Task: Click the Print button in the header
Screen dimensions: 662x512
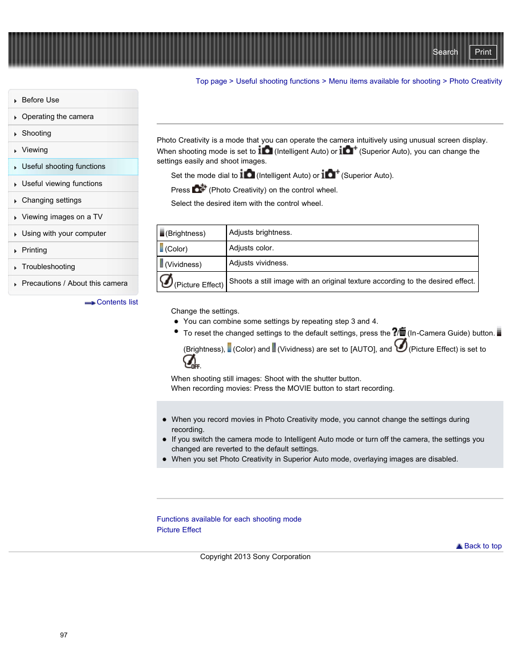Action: click(x=482, y=52)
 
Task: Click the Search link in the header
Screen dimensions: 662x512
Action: click(x=445, y=52)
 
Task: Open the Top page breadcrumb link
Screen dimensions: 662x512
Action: click(x=211, y=81)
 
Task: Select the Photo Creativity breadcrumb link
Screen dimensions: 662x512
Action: click(x=476, y=81)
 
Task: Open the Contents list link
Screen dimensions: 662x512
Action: click(x=116, y=302)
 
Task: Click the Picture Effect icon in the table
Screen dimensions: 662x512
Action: click(x=166, y=281)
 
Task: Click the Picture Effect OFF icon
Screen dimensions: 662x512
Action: click(x=191, y=362)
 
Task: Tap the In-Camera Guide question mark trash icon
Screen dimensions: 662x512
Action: click(x=399, y=332)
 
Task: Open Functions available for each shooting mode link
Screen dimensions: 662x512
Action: click(x=229, y=519)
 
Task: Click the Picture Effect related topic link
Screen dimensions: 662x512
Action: click(x=179, y=530)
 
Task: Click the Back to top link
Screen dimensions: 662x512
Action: click(x=482, y=546)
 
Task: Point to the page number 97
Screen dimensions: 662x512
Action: click(x=64, y=635)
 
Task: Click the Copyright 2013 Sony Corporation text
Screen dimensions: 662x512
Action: click(x=255, y=557)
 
